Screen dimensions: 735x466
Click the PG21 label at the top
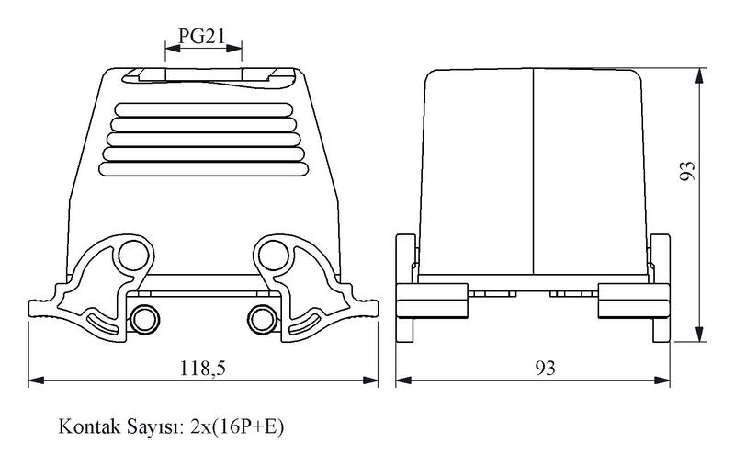click(x=201, y=36)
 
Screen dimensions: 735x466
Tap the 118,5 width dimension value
click(x=203, y=368)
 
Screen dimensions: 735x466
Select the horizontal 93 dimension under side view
click(x=546, y=368)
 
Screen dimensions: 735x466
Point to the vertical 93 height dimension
click(x=687, y=171)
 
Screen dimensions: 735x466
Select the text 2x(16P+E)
click(x=237, y=427)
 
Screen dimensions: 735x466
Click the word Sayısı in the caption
click(x=153, y=427)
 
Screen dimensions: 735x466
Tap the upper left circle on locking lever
click(x=133, y=255)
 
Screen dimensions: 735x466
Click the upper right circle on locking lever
click(x=273, y=255)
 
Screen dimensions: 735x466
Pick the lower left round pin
click(x=144, y=320)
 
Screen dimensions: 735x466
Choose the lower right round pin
click(x=263, y=320)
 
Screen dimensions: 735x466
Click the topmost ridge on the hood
click(x=204, y=109)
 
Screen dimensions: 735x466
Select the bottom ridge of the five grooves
click(x=204, y=169)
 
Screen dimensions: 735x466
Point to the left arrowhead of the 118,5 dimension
click(x=36, y=381)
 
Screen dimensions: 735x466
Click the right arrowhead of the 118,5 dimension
click(x=370, y=381)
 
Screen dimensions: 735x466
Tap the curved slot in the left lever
click(x=103, y=324)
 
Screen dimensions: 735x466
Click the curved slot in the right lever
click(x=305, y=324)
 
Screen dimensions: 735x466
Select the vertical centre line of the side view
click(x=534, y=172)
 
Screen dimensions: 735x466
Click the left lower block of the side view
click(x=432, y=301)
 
